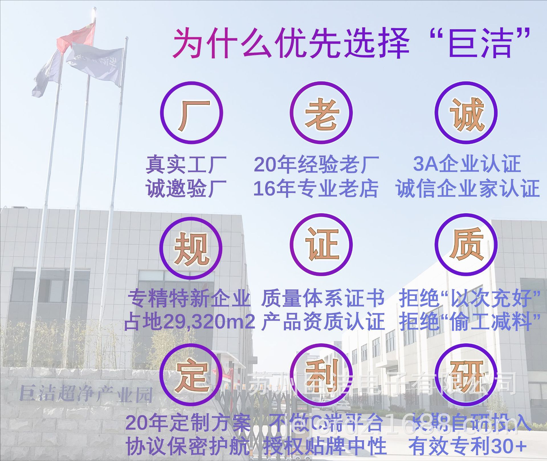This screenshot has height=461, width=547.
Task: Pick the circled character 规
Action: (x=191, y=248)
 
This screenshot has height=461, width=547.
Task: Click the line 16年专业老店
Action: (x=316, y=189)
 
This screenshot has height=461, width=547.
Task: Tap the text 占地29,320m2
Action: (x=189, y=322)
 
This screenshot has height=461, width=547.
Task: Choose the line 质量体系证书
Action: (x=323, y=298)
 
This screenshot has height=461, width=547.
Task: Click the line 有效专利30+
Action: (x=467, y=446)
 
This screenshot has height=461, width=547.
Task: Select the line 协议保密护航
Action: (x=188, y=446)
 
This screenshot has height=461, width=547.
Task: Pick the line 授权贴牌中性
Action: (x=325, y=446)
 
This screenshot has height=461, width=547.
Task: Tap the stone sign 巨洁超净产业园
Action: (x=85, y=394)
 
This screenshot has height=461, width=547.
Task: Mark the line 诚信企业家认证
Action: (x=467, y=189)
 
